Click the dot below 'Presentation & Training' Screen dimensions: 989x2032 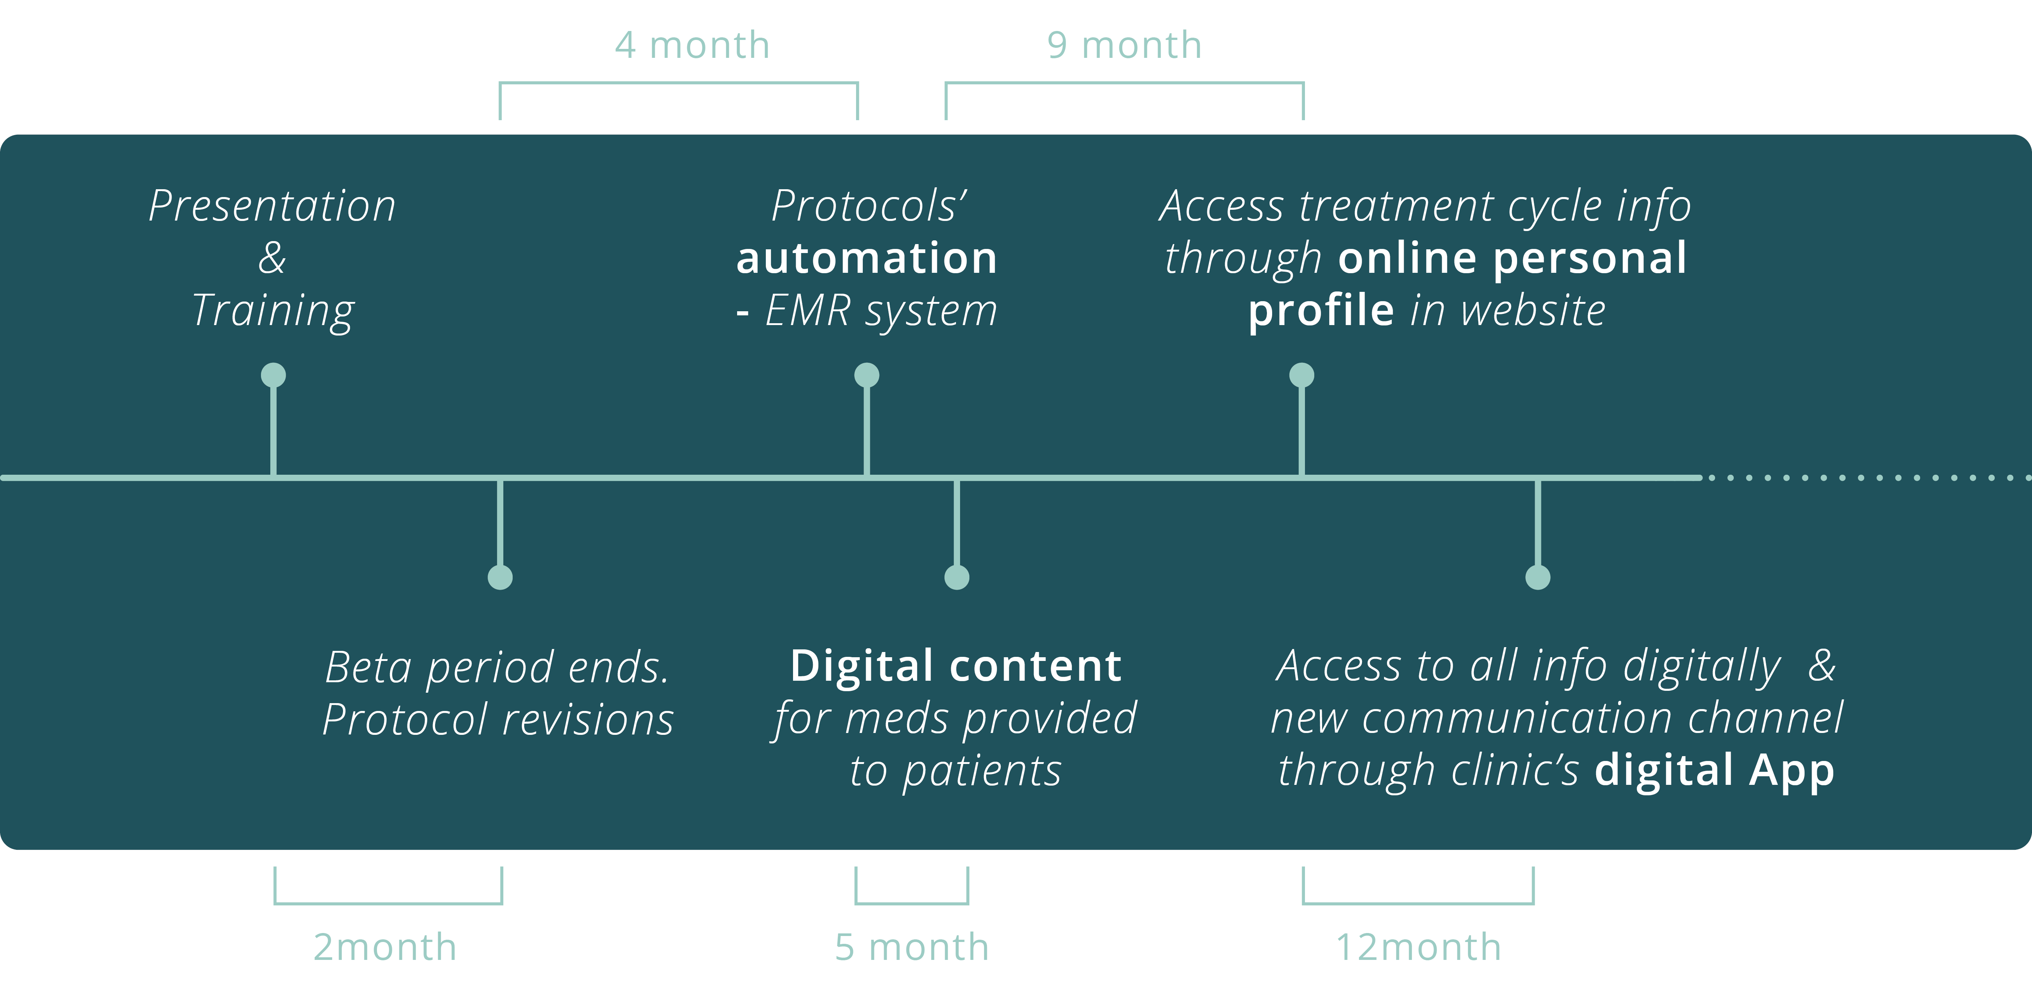tap(273, 375)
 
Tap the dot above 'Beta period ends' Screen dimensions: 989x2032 tap(500, 577)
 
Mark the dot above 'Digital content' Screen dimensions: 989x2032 tap(957, 577)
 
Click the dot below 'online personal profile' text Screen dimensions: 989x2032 tap(1302, 375)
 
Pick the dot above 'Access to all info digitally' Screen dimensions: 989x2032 tap(1537, 577)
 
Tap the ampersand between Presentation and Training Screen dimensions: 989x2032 tap(272, 258)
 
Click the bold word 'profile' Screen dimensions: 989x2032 tap(1321, 310)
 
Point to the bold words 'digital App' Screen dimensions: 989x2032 tap(1714, 770)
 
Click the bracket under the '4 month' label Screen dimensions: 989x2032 tap(678, 83)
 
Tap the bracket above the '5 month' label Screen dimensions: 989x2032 tap(912, 902)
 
